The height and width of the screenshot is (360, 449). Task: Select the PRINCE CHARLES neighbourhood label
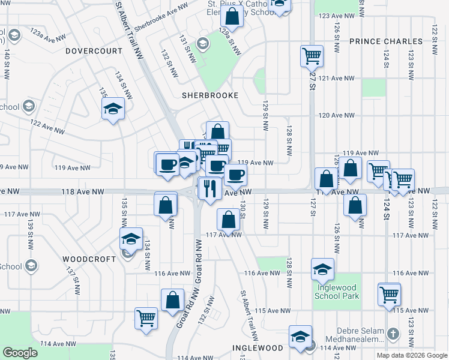point(385,41)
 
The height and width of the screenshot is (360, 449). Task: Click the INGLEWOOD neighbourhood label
point(258,348)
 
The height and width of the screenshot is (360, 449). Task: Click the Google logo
point(20,353)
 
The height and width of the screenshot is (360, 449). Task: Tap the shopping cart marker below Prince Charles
point(312,56)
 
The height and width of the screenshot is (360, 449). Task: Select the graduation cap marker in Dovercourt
point(112,109)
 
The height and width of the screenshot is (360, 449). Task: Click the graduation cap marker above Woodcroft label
point(131,239)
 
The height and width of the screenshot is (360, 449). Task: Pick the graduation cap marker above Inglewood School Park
point(322,269)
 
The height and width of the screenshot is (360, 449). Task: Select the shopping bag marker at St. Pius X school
point(233,16)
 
